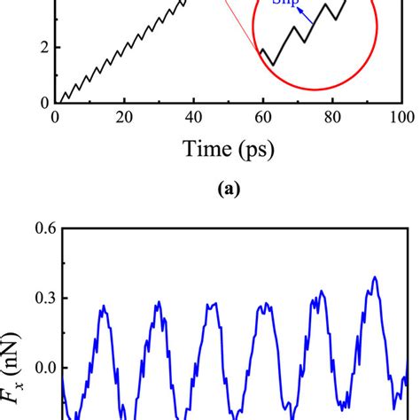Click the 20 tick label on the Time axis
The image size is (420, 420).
(x=125, y=119)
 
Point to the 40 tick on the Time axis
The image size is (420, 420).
(x=194, y=119)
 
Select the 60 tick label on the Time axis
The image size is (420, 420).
(x=263, y=119)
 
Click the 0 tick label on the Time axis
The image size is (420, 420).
(x=56, y=119)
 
